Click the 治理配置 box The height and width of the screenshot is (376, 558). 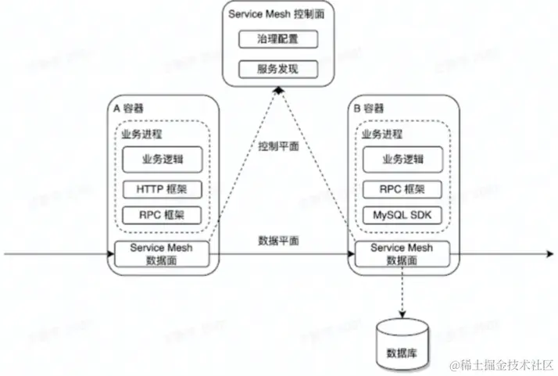click(x=277, y=38)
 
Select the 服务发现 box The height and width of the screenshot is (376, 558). click(x=277, y=69)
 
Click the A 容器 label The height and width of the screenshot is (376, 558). click(x=128, y=108)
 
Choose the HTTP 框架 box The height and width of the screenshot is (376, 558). click(x=162, y=189)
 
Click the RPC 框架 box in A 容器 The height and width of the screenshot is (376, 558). click(x=162, y=215)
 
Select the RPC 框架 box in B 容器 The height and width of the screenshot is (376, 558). click(x=402, y=189)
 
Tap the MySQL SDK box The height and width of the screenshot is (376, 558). click(x=402, y=215)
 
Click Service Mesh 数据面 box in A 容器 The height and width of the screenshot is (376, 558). click(x=162, y=254)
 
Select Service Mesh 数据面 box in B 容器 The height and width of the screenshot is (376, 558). click(x=402, y=254)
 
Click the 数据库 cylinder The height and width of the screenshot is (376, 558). click(x=402, y=343)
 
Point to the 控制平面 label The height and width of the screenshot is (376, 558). click(x=277, y=148)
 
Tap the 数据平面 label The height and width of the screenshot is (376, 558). click(x=277, y=240)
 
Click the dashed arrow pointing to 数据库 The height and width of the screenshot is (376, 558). click(x=402, y=292)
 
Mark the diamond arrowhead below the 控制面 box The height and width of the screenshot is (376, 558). click(x=278, y=91)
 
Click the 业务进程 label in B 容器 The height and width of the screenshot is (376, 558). click(x=381, y=134)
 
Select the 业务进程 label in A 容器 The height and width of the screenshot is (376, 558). click(x=141, y=134)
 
